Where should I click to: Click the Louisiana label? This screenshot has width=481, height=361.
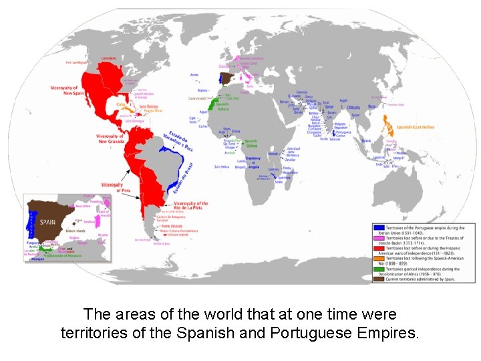pyautogui.click(x=108, y=58)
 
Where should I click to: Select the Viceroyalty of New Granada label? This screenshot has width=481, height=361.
pyautogui.click(x=110, y=138)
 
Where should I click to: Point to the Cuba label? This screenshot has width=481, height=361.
pyautogui.click(x=121, y=104)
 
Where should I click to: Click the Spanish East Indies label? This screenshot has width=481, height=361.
pyautogui.click(x=415, y=128)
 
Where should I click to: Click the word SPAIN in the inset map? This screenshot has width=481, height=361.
pyautogui.click(x=47, y=221)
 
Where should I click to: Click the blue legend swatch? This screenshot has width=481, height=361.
pyautogui.click(x=377, y=228)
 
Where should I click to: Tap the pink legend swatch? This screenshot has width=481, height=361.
pyautogui.click(x=377, y=238)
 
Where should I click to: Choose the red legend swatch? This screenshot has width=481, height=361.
pyautogui.click(x=377, y=248)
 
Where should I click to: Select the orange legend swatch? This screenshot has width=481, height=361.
pyautogui.click(x=377, y=258)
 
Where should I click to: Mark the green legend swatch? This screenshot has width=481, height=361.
pyautogui.click(x=377, y=268)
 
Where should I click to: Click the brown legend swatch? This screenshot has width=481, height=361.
pyautogui.click(x=377, y=278)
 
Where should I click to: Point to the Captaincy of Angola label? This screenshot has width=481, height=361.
pyautogui.click(x=253, y=160)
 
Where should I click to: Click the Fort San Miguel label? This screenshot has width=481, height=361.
pyautogui.click(x=77, y=62)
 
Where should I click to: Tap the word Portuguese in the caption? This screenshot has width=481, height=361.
pyautogui.click(x=301, y=332)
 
